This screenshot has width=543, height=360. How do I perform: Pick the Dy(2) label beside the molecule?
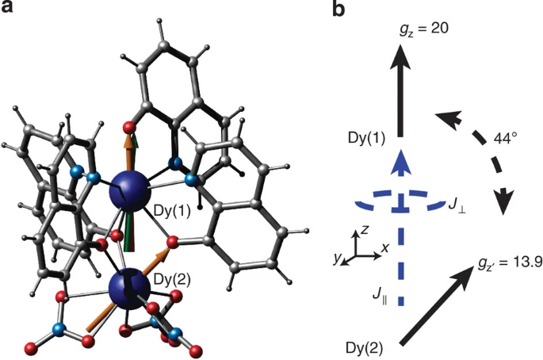(178, 278)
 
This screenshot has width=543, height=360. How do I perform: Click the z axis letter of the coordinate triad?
(363, 229)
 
